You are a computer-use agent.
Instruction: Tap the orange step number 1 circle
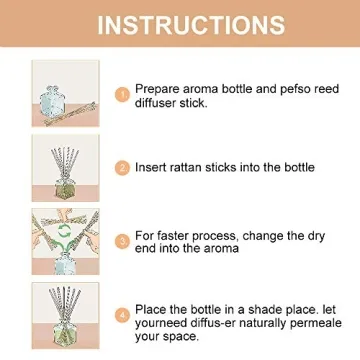(x=122, y=94)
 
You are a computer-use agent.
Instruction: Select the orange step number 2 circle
(x=122, y=168)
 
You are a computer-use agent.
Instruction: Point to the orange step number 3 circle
(x=122, y=241)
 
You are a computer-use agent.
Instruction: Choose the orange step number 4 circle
(x=122, y=315)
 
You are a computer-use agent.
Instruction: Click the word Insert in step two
(x=153, y=167)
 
